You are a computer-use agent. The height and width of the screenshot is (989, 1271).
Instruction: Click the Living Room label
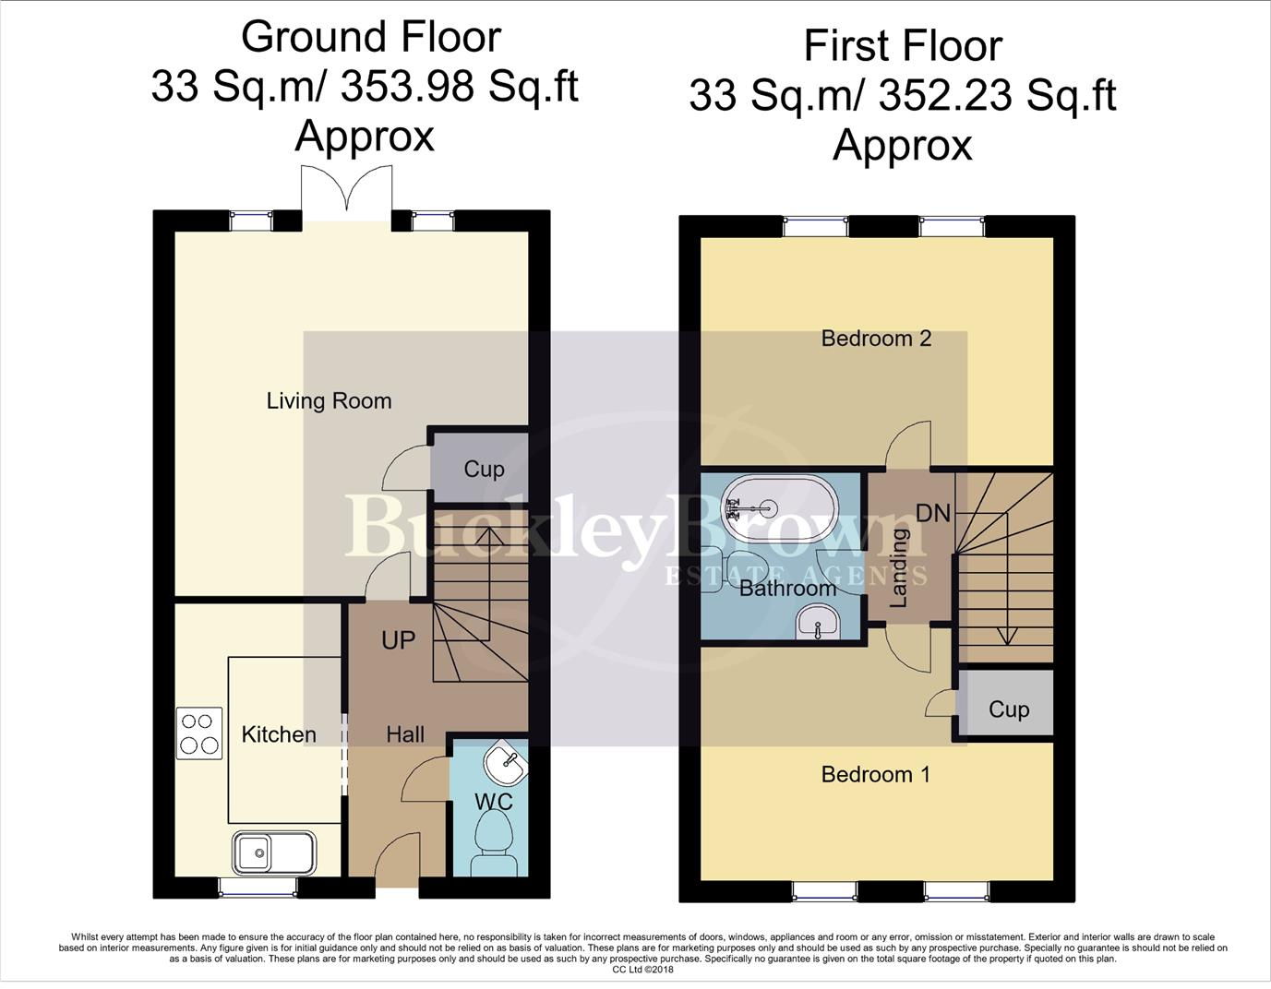point(329,401)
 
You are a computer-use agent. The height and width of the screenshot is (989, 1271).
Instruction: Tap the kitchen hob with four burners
point(199,733)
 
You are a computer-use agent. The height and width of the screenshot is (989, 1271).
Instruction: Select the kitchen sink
point(273,852)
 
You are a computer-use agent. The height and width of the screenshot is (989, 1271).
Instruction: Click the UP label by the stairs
point(398,640)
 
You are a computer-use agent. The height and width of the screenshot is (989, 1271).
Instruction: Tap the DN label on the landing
point(933,513)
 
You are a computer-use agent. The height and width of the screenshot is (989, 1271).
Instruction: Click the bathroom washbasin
point(817,623)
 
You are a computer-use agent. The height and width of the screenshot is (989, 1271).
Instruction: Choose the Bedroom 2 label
point(876,339)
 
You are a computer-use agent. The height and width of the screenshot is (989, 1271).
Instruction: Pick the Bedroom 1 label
point(875,775)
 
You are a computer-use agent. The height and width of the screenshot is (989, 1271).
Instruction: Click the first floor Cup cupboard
point(1007,709)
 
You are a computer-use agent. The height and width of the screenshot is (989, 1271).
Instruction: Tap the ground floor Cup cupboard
point(483,469)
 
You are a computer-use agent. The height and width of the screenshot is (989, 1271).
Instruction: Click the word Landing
point(898,567)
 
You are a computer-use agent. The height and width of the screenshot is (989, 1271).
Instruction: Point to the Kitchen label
point(278,734)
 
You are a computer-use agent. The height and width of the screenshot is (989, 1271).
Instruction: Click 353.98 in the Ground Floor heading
point(406,88)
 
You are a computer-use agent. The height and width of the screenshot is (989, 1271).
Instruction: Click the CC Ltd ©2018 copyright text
point(642,970)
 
